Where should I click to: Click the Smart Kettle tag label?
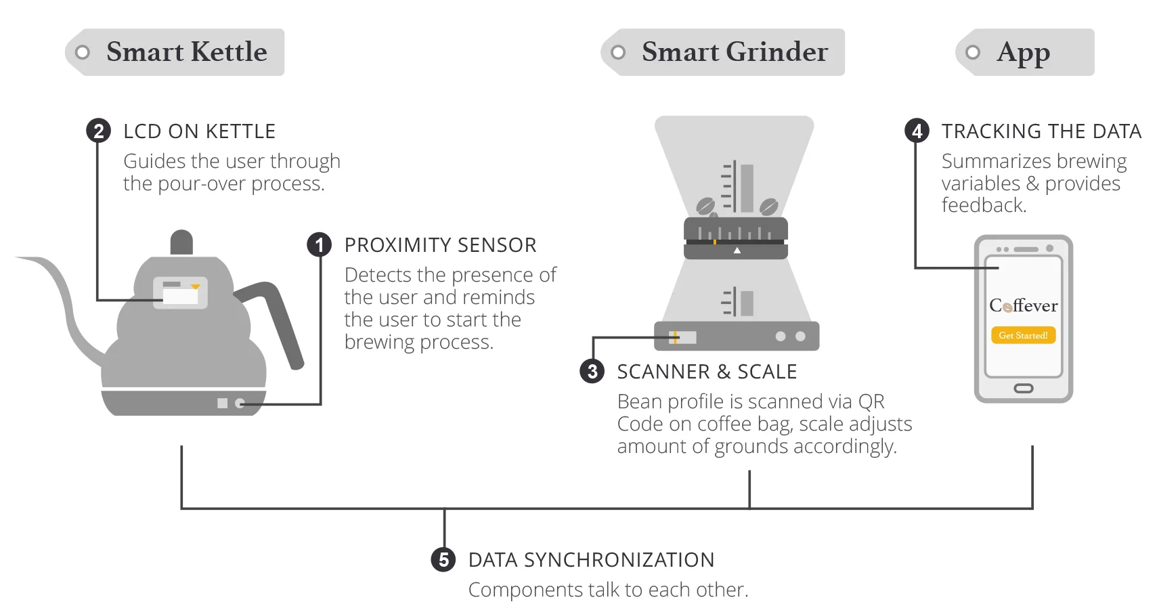[175, 52]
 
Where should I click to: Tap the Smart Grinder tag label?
[723, 52]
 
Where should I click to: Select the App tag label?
[1024, 52]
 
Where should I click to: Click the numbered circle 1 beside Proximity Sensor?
[320, 245]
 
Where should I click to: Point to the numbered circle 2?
[99, 131]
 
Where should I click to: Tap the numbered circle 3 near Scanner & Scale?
[592, 371]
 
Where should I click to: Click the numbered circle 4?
[917, 131]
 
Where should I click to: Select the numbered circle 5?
[443, 560]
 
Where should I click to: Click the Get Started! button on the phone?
[1023, 335]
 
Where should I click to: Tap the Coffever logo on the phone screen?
[1023, 306]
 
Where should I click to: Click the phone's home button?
[1023, 389]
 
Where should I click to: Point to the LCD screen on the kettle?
[180, 293]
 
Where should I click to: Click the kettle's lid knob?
[181, 242]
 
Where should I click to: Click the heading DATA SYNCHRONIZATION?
[591, 560]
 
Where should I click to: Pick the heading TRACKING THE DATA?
[1041, 131]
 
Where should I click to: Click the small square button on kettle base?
[222, 404]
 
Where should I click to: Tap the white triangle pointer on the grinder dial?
[737, 251]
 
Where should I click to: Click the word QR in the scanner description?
[871, 402]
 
